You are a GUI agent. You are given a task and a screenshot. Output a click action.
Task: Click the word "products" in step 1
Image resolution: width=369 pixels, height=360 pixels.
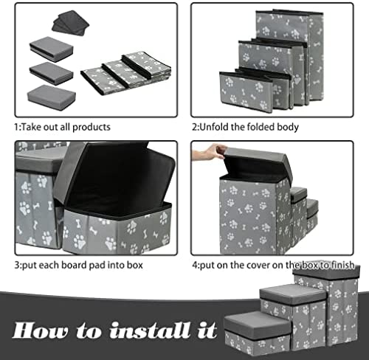[92, 128]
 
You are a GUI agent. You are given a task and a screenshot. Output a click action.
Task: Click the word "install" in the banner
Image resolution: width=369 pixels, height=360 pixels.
[150, 330]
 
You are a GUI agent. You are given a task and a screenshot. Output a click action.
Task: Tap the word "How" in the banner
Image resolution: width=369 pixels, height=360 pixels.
[41, 330]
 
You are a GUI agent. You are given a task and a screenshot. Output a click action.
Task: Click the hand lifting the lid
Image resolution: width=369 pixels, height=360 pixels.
[209, 152]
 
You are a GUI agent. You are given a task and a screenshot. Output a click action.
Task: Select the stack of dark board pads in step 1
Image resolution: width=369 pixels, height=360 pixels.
[70, 23]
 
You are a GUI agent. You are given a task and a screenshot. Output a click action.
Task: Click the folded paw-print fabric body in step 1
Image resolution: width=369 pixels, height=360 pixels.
[126, 73]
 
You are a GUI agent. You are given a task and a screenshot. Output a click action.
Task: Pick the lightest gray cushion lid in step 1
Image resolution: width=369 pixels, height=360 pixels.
[52, 97]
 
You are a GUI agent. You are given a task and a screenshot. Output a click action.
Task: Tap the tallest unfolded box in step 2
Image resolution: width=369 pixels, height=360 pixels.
[290, 58]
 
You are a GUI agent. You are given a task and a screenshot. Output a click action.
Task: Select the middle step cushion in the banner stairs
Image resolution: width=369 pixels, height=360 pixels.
[293, 294]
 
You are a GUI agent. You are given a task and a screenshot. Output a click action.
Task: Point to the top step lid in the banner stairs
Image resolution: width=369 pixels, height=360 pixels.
[326, 271]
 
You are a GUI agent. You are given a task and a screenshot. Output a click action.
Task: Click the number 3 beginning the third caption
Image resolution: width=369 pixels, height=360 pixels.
[17, 265]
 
